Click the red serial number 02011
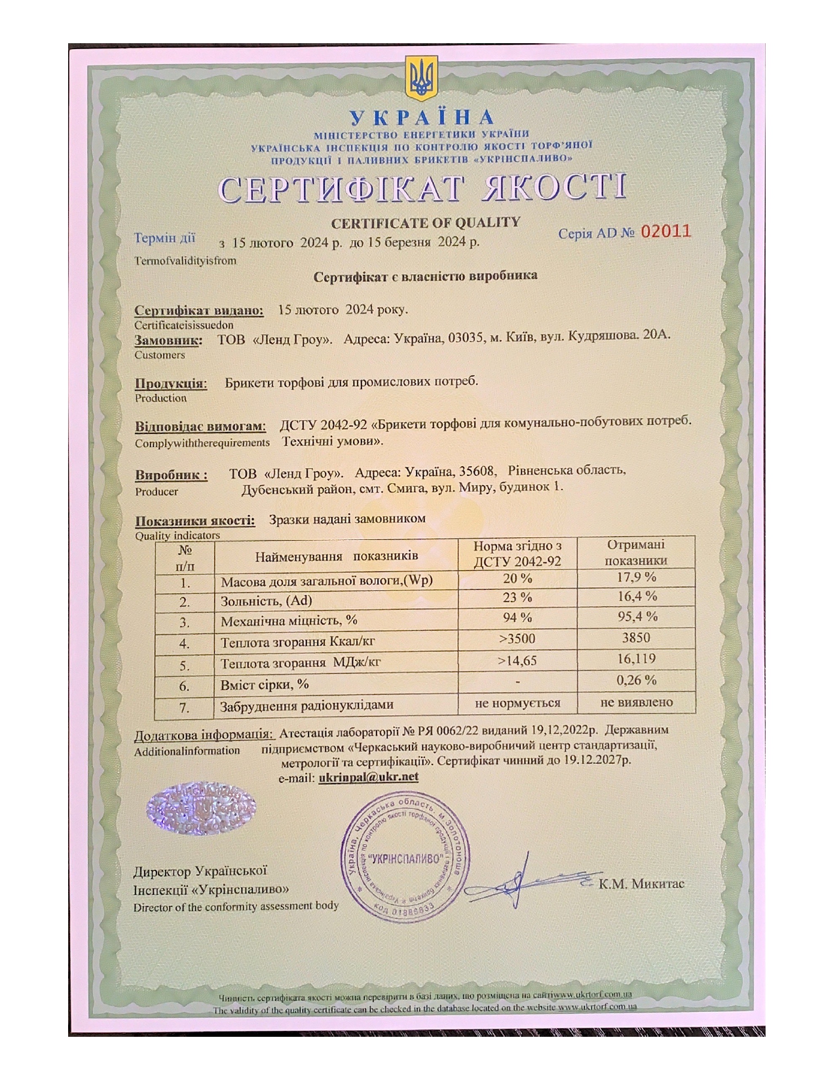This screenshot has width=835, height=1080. point(665,231)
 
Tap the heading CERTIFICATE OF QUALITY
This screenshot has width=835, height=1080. point(425,223)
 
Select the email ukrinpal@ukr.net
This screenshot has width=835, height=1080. point(368,778)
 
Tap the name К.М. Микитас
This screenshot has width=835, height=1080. point(641,884)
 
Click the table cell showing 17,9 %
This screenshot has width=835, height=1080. point(636,577)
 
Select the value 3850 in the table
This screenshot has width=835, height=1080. point(636,638)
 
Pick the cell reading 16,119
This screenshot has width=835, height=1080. point(636,659)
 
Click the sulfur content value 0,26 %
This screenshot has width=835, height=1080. point(636,681)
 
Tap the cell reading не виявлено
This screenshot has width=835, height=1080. point(636,702)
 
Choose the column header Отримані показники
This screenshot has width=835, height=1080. point(636,553)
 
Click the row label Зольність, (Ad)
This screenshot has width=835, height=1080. point(267,601)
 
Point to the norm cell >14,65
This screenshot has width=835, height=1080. point(517,661)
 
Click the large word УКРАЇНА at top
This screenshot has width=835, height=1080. point(422,118)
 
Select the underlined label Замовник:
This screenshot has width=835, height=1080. point(168,340)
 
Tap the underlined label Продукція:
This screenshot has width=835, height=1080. point(170,384)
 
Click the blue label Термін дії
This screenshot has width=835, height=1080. point(164,238)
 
